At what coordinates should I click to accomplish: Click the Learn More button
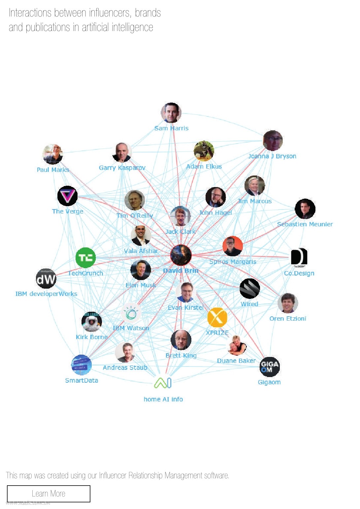[x=49, y=493]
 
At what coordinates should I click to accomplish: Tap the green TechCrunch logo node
[x=85, y=258]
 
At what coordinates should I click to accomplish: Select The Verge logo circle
[x=67, y=196]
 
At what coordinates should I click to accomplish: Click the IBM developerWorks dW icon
[x=46, y=279]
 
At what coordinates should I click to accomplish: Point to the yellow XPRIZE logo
[x=217, y=317]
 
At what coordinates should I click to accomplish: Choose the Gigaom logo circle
[x=270, y=366]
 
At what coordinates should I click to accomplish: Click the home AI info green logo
[x=163, y=383]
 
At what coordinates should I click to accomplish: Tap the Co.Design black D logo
[x=299, y=257]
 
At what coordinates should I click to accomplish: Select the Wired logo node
[x=249, y=288]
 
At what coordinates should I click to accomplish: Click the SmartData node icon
[x=81, y=365]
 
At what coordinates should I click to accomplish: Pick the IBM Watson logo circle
[x=131, y=313]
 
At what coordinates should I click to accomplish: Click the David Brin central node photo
[x=181, y=255]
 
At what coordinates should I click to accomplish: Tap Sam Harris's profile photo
[x=171, y=113]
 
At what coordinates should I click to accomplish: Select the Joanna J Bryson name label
[x=272, y=156]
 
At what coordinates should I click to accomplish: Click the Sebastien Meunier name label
[x=305, y=224]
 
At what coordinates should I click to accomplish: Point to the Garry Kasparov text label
[x=122, y=168]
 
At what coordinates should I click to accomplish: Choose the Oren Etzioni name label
[x=288, y=319]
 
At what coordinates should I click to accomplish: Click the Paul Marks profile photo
[x=53, y=154]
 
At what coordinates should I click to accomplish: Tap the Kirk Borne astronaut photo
[x=91, y=322]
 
